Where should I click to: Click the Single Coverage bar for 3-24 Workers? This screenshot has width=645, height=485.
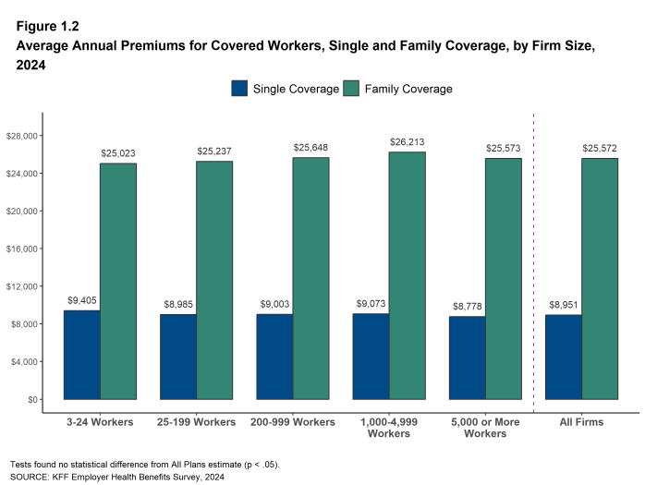81,355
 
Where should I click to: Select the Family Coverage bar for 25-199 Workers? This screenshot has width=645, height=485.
214,280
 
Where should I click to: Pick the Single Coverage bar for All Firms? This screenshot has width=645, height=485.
563,357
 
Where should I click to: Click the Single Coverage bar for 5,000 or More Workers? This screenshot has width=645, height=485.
467,358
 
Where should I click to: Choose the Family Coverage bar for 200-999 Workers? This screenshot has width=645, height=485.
310,278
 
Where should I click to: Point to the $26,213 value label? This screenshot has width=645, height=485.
407,143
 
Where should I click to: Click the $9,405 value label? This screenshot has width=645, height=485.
81,301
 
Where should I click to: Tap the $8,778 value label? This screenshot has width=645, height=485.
467,307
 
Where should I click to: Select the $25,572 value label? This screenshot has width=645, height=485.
600,149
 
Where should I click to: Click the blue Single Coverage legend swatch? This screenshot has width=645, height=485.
239,89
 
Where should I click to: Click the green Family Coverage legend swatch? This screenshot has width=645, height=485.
351,89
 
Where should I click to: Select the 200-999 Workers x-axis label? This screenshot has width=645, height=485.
292,422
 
